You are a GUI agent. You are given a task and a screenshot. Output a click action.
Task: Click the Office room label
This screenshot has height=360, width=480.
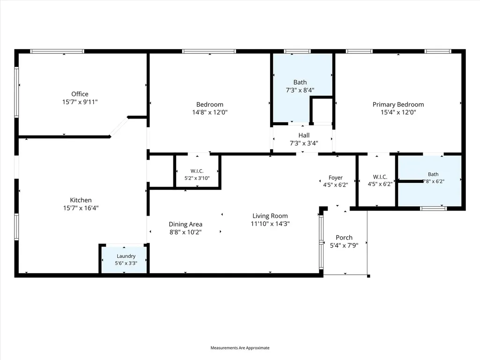80,94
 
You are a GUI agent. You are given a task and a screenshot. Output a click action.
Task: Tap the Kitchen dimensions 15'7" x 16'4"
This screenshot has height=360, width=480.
81,208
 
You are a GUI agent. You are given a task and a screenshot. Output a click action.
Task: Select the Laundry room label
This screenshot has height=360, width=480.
126,256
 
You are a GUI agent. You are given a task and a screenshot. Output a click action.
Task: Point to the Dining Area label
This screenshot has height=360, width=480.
186,225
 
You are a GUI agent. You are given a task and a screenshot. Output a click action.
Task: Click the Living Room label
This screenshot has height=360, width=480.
270,216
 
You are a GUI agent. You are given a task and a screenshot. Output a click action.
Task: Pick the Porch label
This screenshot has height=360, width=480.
344,238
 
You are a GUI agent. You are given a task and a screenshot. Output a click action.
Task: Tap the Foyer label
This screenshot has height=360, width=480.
336,178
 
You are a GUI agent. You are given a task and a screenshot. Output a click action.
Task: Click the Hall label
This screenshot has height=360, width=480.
304,135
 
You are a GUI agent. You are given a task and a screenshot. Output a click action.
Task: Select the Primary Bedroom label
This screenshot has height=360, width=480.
398,105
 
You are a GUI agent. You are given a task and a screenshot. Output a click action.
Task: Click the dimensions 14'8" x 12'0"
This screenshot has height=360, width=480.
210,112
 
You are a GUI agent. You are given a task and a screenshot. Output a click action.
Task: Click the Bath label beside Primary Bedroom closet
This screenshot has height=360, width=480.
433,174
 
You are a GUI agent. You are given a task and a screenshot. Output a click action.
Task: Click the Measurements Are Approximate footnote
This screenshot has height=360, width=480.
240,348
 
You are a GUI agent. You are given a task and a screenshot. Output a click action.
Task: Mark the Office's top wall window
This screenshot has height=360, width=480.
57,52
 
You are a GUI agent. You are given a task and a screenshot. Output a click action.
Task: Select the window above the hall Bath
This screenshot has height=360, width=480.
297,52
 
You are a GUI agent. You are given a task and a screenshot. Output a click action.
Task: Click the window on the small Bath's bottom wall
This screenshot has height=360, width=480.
433,209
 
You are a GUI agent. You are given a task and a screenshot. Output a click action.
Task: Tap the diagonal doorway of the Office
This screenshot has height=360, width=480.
119,127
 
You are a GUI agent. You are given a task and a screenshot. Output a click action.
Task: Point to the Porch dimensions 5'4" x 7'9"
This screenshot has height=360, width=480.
344,246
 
